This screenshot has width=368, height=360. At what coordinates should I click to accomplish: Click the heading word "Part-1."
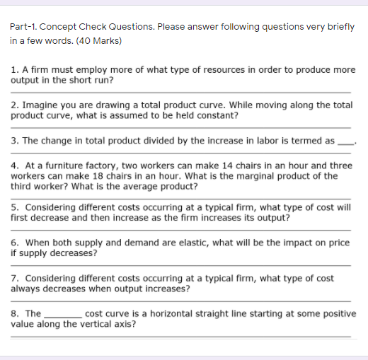click(x=24, y=27)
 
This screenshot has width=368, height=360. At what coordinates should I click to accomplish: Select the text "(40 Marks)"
click(x=99, y=40)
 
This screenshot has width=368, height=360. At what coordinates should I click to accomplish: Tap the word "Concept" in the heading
click(x=59, y=27)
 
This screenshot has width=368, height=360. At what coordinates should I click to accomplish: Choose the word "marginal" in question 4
click(x=280, y=175)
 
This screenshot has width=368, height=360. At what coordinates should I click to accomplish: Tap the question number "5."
click(x=16, y=207)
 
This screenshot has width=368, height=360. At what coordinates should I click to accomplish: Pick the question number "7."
click(x=16, y=278)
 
